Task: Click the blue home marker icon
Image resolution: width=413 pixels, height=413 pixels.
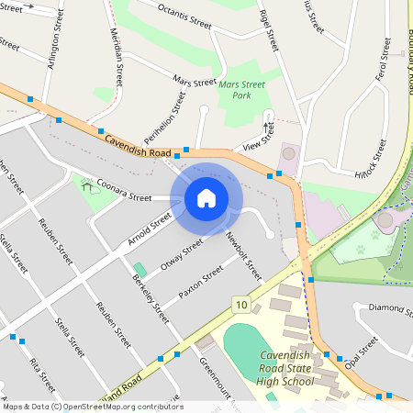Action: pyautogui.click(x=206, y=197)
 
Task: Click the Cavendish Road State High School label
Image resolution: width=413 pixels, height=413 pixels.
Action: pyautogui.click(x=291, y=368)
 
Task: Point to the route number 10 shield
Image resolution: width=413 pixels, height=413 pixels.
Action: pyautogui.click(x=240, y=304)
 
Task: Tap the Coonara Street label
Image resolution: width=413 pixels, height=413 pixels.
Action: pyautogui.click(x=124, y=190)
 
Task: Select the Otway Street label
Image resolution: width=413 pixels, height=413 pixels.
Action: pyautogui.click(x=181, y=254)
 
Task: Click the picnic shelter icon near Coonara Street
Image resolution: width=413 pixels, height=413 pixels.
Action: pyautogui.click(x=87, y=186)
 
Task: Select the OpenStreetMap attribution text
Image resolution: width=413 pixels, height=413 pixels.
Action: pyautogui.click(x=92, y=407)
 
